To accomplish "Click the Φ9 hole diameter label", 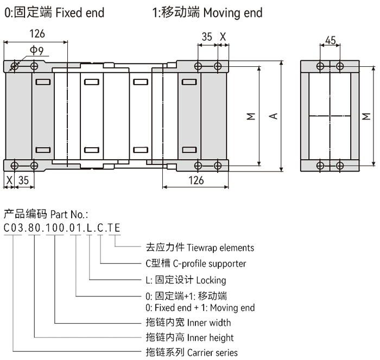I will [37, 50].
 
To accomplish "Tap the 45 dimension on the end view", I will [330, 40].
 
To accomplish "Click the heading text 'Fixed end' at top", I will [80, 12].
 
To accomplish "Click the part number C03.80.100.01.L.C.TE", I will [62, 228].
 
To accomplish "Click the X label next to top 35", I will [223, 37].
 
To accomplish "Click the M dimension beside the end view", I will [366, 116].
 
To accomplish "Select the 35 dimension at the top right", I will [207, 37].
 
